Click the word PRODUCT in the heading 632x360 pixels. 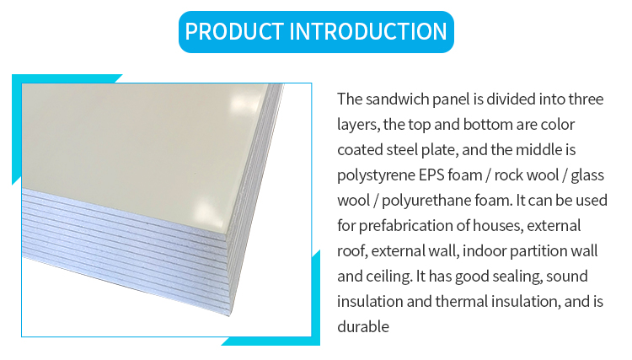click(234, 31)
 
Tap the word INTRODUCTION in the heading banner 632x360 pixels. click(368, 31)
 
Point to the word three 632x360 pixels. click(586, 99)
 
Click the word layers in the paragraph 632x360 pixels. click(356, 125)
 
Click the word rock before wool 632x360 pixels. click(507, 175)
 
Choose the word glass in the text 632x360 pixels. click(587, 175)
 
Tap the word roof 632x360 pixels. click(351, 251)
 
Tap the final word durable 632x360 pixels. click(363, 327)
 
